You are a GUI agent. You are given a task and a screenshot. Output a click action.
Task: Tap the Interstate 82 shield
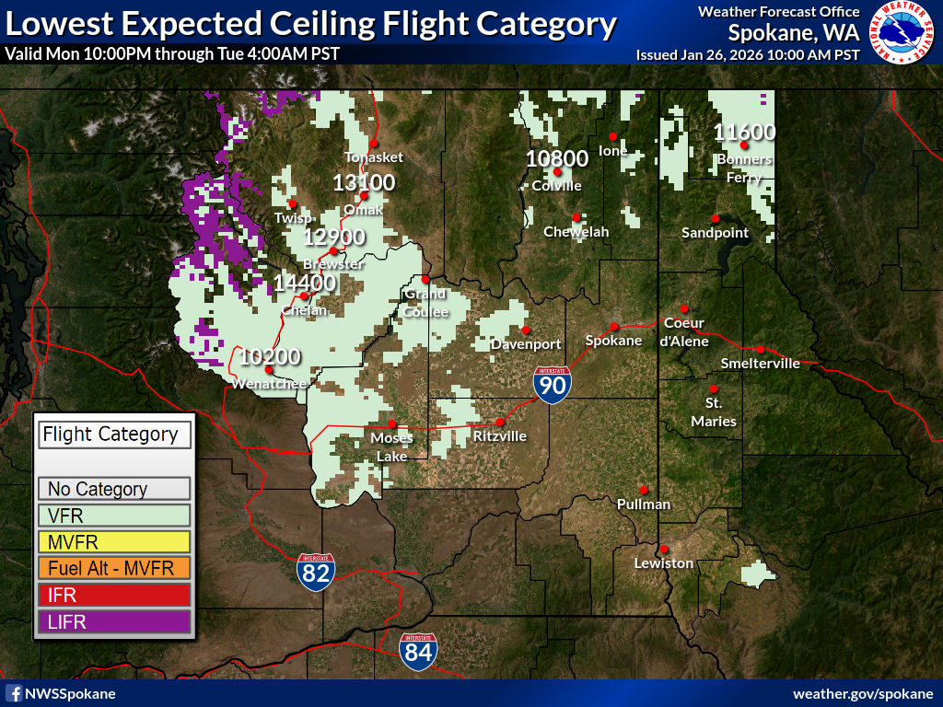[316, 571]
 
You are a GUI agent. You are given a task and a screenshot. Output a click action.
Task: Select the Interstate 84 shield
[418, 650]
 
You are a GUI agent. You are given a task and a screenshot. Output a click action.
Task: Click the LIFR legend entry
[114, 622]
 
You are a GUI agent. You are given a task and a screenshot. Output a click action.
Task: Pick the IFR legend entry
[114, 596]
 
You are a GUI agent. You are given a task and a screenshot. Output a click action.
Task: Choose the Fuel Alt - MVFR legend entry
[114, 568]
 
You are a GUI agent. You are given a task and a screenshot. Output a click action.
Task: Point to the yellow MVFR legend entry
[114, 541]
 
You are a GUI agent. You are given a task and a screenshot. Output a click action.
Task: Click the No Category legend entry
[114, 489]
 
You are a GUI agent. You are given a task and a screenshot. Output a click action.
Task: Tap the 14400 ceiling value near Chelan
[304, 283]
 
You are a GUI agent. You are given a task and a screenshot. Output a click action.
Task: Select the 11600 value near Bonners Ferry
[744, 133]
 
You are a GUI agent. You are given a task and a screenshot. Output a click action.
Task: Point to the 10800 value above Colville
[557, 158]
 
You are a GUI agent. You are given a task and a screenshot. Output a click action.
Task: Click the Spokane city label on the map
[613, 341]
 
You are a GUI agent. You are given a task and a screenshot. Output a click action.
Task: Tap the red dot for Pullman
[644, 490]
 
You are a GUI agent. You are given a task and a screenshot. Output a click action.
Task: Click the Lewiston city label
[664, 562]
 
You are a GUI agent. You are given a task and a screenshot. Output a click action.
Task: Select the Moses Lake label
[391, 446]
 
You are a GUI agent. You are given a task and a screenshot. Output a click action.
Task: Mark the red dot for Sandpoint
[714, 218]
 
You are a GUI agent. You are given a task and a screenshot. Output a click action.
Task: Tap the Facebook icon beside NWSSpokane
[14, 693]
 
